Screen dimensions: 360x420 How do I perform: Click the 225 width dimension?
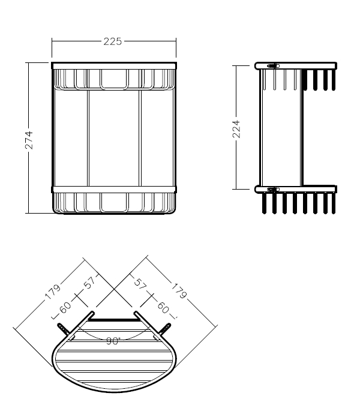(113, 41)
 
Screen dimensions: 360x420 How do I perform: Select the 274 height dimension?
(29, 140)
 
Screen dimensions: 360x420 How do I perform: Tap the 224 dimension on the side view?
(236, 129)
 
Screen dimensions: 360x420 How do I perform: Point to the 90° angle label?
(113, 341)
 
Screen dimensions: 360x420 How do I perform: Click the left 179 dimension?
(53, 292)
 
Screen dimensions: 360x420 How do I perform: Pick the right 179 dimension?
(179, 291)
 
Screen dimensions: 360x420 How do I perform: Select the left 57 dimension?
(90, 283)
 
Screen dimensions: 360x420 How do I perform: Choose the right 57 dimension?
(140, 284)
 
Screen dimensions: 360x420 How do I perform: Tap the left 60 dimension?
(65, 307)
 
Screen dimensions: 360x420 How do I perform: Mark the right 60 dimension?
(163, 307)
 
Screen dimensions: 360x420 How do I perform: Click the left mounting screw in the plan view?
(63, 329)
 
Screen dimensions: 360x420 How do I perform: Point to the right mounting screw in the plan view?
(164, 329)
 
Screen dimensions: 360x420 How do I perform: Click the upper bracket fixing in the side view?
(273, 66)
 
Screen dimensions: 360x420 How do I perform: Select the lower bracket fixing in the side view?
(273, 190)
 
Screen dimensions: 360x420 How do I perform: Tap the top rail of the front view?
(114, 66)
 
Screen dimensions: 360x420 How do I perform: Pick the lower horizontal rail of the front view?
(114, 190)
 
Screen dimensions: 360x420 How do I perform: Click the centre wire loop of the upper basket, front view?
(115, 79)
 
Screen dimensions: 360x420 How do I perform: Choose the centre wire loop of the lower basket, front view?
(115, 203)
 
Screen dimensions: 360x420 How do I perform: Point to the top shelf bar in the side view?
(296, 66)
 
